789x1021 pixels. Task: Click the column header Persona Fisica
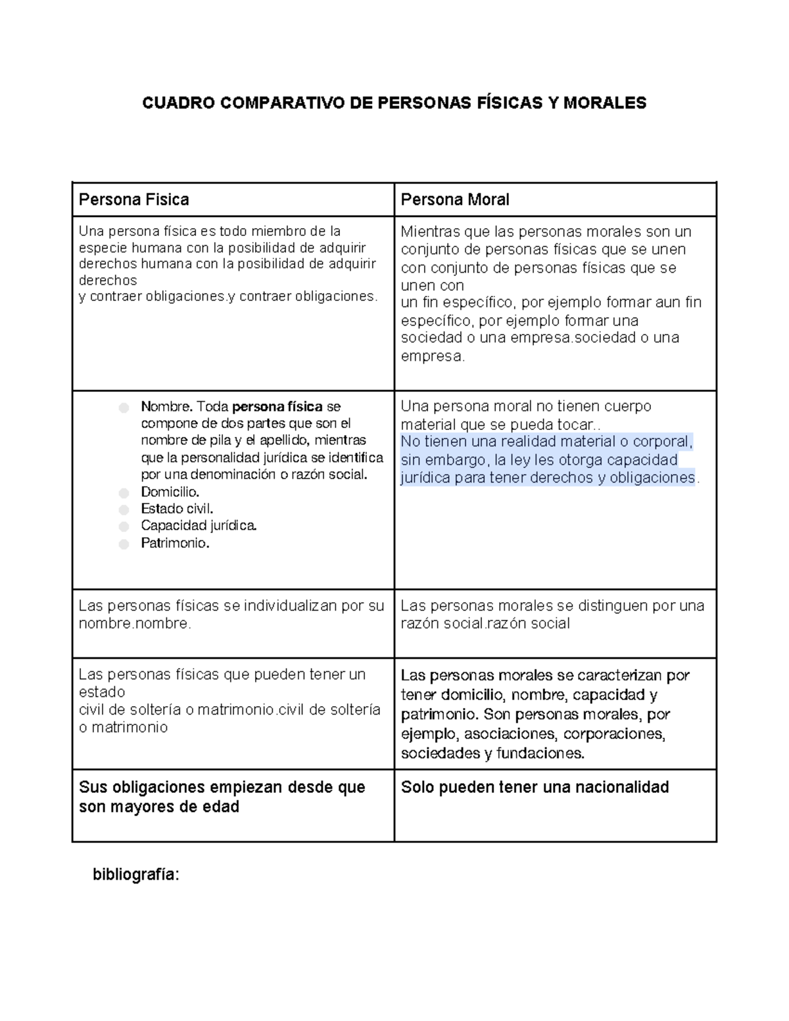pos(133,200)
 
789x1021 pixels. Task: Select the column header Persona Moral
pos(455,200)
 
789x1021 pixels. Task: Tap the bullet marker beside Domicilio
pos(124,493)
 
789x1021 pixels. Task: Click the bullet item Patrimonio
pos(175,543)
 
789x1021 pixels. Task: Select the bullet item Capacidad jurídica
pos(199,526)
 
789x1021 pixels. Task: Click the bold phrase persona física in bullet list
pos(277,406)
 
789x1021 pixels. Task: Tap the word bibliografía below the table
pos(135,875)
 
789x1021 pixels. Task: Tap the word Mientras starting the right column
pos(431,232)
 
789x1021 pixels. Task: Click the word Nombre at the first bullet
pos(165,406)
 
